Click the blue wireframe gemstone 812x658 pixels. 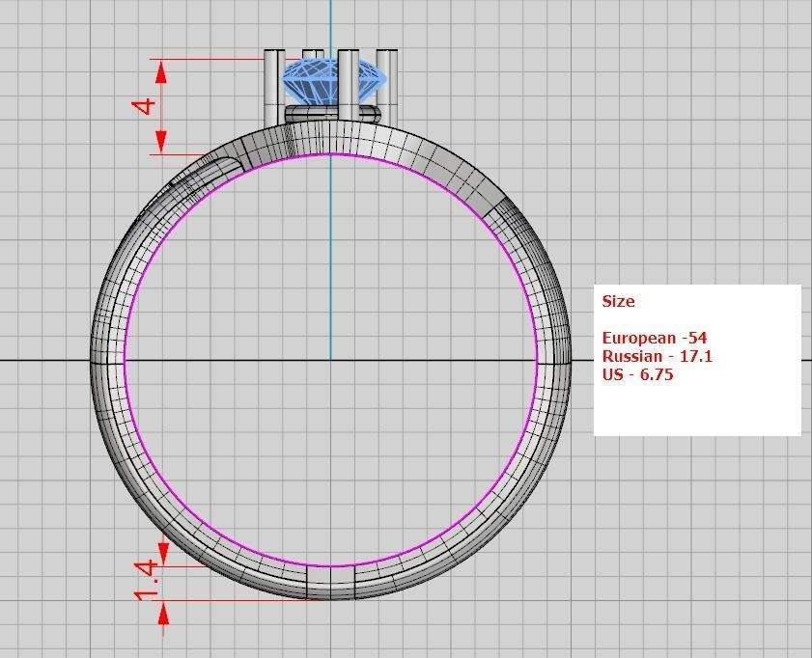(x=332, y=81)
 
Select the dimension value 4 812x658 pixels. (x=145, y=104)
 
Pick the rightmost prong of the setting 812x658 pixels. (x=387, y=87)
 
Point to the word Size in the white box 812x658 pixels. (x=618, y=301)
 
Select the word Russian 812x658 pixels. (x=632, y=356)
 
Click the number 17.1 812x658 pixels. (x=695, y=356)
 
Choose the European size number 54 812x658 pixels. (x=695, y=338)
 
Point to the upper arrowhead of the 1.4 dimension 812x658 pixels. (x=163, y=554)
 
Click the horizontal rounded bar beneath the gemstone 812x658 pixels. (x=331, y=113)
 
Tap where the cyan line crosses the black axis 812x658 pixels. (x=331, y=360)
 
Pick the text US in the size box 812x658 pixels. (x=612, y=374)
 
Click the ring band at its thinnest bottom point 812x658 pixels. (x=331, y=583)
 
